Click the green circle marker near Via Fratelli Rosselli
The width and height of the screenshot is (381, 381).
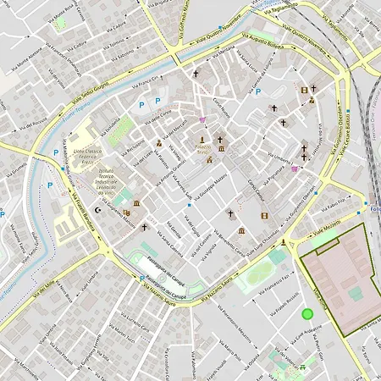307,314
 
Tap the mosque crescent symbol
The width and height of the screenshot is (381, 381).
97,209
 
